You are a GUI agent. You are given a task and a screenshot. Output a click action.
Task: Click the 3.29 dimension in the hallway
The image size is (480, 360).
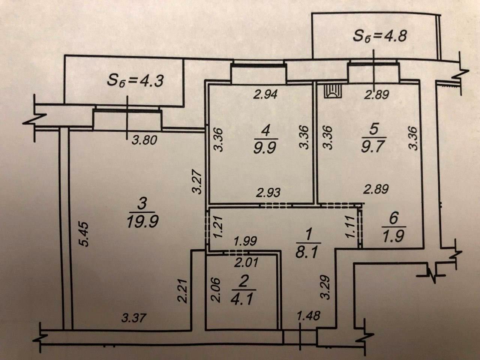click(325, 287)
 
